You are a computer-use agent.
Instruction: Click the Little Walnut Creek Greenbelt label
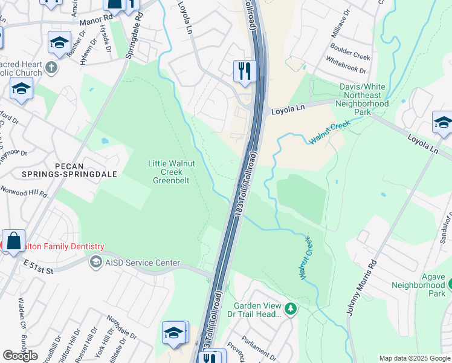tap(170, 172)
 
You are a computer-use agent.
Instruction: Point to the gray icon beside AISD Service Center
tap(95, 263)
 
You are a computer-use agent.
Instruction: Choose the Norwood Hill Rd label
tap(24, 193)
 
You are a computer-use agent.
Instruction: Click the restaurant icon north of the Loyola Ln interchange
tap(245, 71)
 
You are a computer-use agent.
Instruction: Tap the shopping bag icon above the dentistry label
tap(13, 240)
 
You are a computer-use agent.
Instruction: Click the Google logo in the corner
tap(20, 356)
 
